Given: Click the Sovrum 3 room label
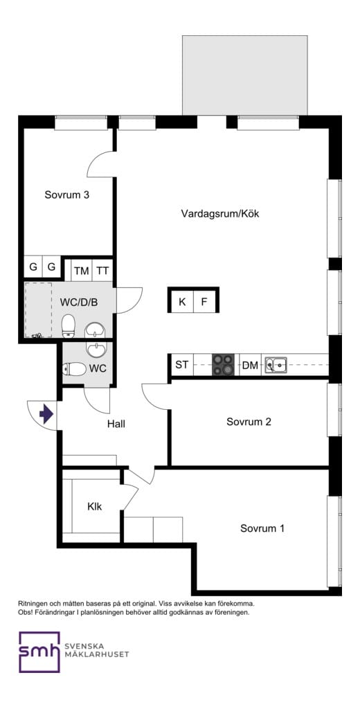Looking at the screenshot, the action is click(x=67, y=195).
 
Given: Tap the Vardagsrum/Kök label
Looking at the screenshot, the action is click(x=220, y=213).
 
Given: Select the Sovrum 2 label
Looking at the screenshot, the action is click(x=249, y=422).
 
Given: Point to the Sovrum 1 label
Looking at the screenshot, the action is click(x=262, y=528).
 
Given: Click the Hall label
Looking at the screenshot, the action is click(x=116, y=424).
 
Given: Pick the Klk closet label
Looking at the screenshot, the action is click(x=95, y=506).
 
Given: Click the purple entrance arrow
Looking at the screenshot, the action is click(x=46, y=414).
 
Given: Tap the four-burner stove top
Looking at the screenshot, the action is click(x=224, y=364).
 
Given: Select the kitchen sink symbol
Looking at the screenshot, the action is click(x=276, y=364).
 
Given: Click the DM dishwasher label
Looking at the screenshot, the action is click(x=250, y=366).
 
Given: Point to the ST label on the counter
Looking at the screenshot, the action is click(x=181, y=364).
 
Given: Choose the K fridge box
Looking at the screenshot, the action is click(x=182, y=302).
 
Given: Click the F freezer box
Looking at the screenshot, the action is click(x=204, y=302).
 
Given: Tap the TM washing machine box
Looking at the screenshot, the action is click(x=82, y=271).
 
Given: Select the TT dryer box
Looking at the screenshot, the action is click(x=103, y=271).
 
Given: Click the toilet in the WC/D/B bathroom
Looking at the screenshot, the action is click(x=69, y=327).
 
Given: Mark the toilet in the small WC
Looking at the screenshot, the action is click(x=74, y=370).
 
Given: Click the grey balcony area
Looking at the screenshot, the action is click(x=245, y=75).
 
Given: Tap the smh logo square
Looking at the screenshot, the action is click(x=39, y=652).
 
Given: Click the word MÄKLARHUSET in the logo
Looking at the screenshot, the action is click(x=97, y=654).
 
